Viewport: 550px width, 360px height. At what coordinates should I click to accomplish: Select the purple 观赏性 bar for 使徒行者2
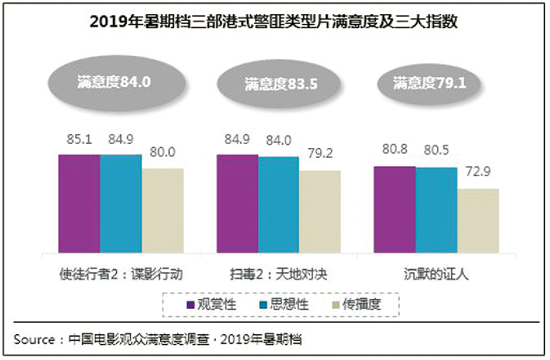click(79, 204)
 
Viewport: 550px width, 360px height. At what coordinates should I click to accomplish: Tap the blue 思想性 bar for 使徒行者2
click(121, 204)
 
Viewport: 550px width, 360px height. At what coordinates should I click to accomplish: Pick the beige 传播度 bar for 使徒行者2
click(162, 211)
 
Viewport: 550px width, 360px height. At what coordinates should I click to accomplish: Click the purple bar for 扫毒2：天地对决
click(237, 204)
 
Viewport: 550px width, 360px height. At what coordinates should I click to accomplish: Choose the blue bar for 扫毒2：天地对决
click(279, 205)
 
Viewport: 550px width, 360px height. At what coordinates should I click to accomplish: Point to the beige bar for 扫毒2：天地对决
click(320, 212)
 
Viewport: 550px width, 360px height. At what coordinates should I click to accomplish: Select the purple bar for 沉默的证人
click(394, 210)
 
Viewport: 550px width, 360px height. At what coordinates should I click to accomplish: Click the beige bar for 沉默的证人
click(478, 221)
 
